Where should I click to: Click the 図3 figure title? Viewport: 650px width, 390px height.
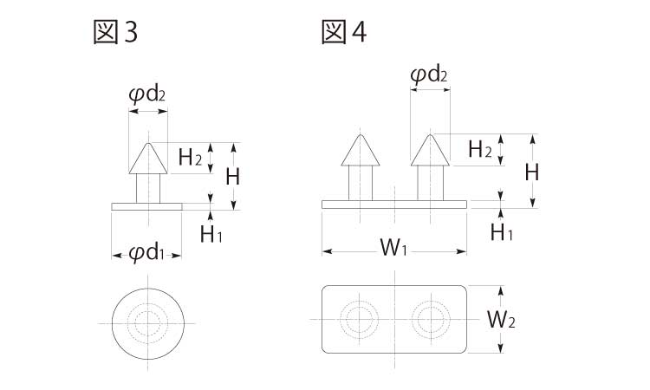[114, 33]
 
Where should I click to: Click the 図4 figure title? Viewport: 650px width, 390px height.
[343, 33]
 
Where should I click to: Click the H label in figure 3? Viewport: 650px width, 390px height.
[232, 177]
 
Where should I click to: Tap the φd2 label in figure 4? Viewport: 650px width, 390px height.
[429, 75]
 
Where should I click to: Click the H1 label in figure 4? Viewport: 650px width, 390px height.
[501, 231]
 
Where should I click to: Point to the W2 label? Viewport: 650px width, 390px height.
[501, 320]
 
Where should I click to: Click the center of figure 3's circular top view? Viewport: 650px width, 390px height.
[147, 322]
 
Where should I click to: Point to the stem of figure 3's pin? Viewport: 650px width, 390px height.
[147, 187]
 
